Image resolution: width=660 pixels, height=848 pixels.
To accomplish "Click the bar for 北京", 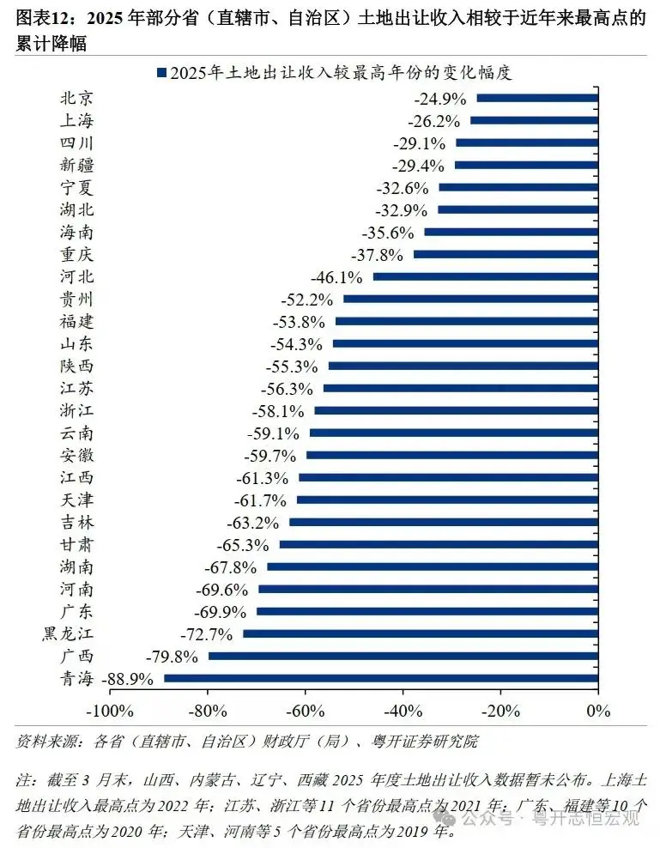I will (536, 98).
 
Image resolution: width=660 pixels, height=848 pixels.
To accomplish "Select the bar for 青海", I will (380, 678).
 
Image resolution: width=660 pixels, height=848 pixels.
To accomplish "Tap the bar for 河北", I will (485, 276).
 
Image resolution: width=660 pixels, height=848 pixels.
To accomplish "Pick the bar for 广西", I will (403, 656).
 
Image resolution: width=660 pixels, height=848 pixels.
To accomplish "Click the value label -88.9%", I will (128, 679).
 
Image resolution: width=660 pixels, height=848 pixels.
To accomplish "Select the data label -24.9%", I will (439, 99).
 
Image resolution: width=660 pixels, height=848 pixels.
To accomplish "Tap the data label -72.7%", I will (207, 634).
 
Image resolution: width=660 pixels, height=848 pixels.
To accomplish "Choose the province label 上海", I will (77, 120).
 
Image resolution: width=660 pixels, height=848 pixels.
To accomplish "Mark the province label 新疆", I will (77, 165).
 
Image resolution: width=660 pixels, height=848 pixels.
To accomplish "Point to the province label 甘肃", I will (77, 544).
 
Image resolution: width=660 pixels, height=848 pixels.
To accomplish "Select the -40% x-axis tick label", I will (403, 711).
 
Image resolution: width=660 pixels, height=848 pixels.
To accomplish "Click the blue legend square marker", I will (161, 74).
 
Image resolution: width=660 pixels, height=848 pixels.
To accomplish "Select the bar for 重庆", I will (506, 254).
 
